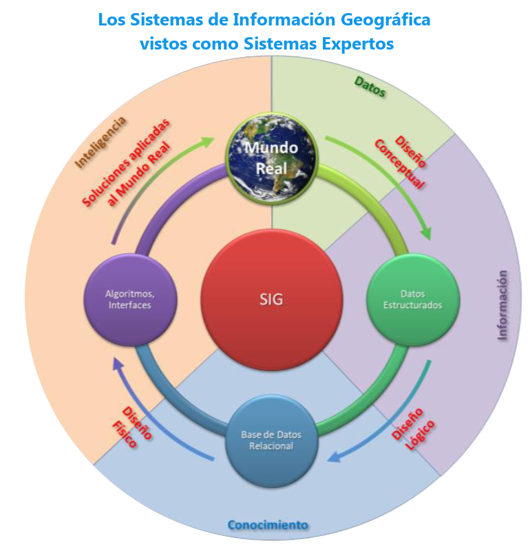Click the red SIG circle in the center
[x=271, y=299]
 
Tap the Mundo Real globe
[x=271, y=159]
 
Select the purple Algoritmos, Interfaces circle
[x=130, y=299]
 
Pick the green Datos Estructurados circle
[x=413, y=299]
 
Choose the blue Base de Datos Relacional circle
[x=271, y=440]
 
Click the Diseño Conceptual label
[x=401, y=163]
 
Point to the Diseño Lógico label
[x=413, y=429]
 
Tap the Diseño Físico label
[x=131, y=427]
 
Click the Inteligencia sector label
[x=100, y=142]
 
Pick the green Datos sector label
[x=370, y=87]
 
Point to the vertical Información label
[x=502, y=306]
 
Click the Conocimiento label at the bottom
[x=268, y=525]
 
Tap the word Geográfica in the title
[x=385, y=20]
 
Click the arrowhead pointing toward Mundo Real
[x=207, y=141]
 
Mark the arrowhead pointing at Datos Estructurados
[x=427, y=233]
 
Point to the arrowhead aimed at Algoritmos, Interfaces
[x=117, y=364]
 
